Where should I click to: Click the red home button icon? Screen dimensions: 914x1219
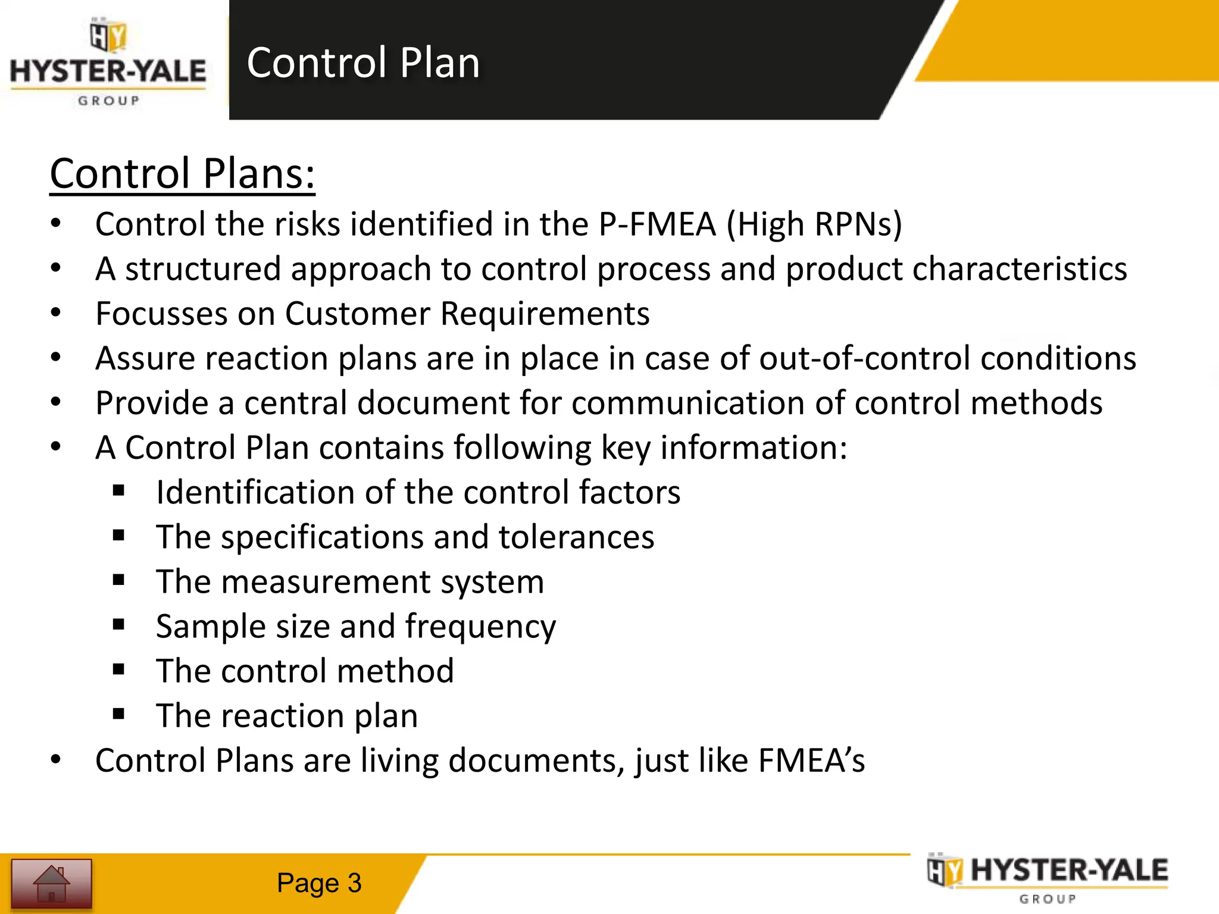[52, 884]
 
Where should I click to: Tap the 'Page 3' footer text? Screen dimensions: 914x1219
[319, 883]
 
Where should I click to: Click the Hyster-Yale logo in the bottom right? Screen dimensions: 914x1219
[1047, 878]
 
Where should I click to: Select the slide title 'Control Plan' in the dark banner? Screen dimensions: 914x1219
[363, 62]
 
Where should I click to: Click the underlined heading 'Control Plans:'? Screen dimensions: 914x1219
[182, 174]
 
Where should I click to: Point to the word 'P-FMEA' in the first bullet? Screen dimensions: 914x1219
[657, 225]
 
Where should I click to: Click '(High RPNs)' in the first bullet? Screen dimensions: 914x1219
[814, 225]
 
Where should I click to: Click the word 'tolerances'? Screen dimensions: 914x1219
[576, 537]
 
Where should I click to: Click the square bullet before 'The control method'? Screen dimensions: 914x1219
[118, 670]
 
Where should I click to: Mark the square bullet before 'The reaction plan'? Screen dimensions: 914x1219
[118, 714]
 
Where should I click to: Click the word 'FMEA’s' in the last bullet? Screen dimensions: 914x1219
[811, 761]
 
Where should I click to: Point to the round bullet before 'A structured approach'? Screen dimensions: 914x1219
[56, 268]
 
